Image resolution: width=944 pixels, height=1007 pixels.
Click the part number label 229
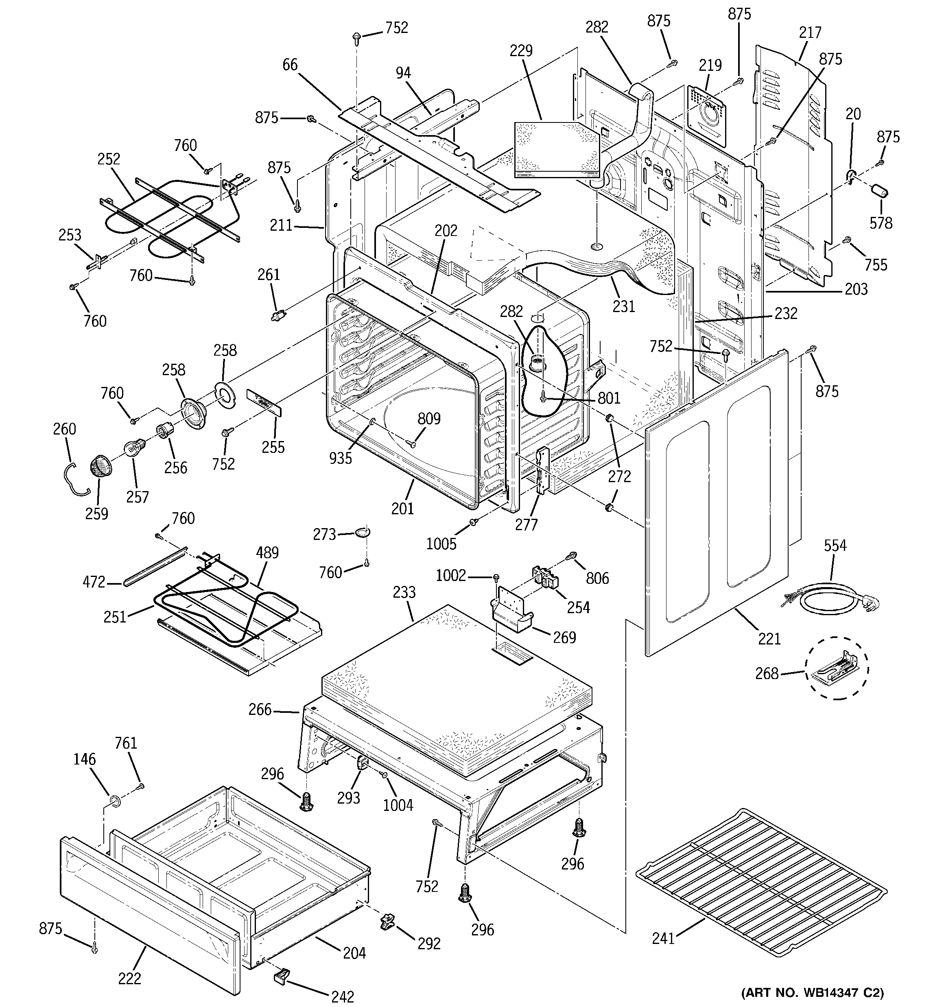click(521, 50)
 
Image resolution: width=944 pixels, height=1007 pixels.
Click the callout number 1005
click(441, 544)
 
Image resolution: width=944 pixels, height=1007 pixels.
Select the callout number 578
click(881, 223)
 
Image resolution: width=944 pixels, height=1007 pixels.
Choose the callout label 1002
click(451, 575)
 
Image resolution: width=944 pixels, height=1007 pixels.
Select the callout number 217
click(810, 33)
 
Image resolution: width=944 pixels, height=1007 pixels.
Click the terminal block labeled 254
click(545, 577)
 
